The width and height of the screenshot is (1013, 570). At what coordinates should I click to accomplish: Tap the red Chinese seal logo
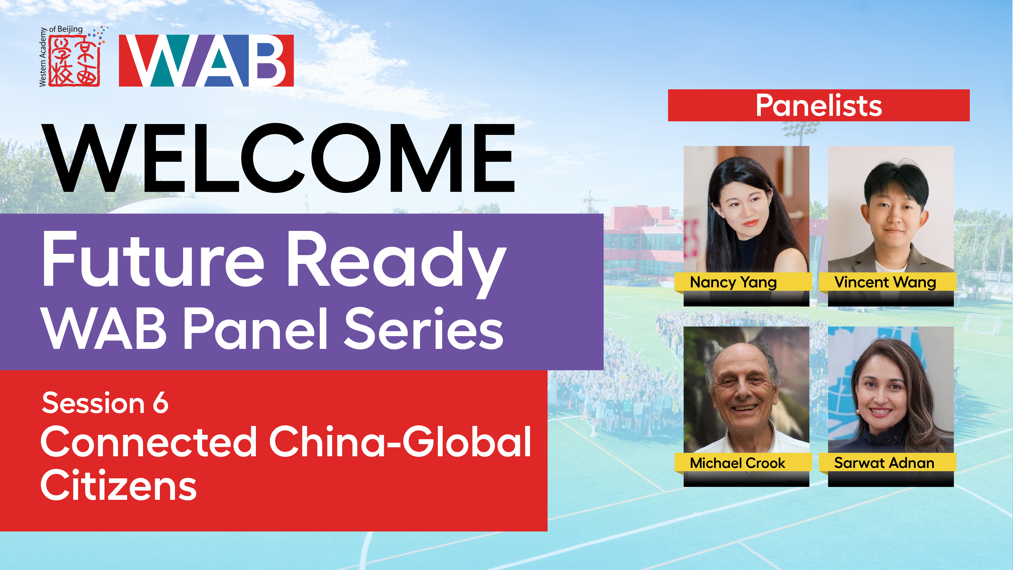tap(74, 61)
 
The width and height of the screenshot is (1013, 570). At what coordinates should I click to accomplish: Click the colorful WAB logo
tap(206, 61)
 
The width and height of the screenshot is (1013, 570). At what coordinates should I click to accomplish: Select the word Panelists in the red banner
tap(819, 106)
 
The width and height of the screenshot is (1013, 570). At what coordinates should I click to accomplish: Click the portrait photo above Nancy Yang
tap(746, 209)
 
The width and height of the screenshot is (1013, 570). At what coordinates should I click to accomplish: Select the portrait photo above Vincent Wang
tap(891, 209)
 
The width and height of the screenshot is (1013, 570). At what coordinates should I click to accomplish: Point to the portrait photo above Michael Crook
tap(746, 390)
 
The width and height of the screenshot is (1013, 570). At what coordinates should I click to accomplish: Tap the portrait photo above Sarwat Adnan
tap(891, 390)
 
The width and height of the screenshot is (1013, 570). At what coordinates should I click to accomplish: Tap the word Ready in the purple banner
tap(396, 265)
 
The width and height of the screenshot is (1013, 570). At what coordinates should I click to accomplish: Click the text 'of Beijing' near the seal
tap(66, 29)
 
